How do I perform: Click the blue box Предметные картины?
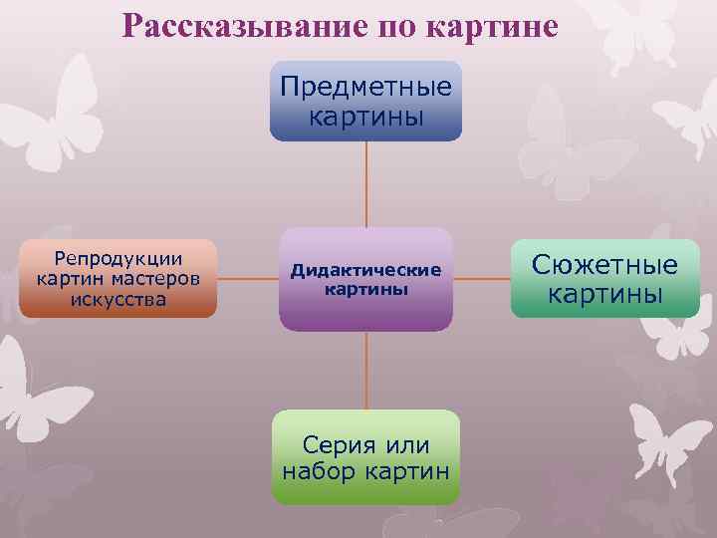365,101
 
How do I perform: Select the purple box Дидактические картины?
365,280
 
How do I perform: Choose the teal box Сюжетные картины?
604,279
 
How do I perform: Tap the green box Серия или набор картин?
365,457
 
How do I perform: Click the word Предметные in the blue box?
365,86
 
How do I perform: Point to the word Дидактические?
365,271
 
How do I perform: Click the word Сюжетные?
604,264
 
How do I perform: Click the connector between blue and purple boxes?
365,184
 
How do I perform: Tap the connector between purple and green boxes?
365,371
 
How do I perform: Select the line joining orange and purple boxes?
248,279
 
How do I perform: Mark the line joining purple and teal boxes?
482,279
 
